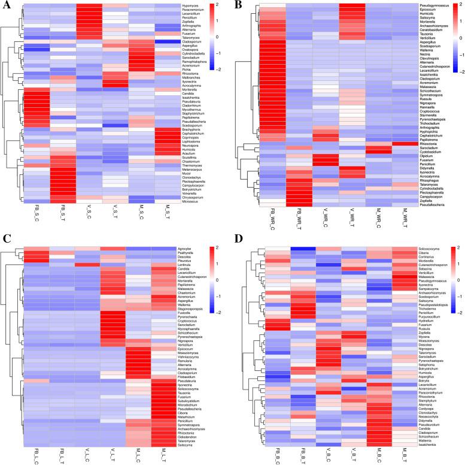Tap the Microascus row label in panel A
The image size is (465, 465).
196,201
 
